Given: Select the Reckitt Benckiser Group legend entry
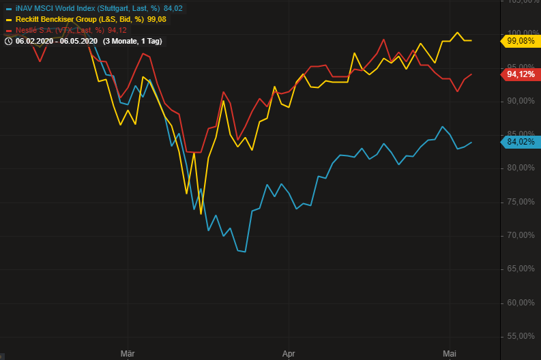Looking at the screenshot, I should point(90,19).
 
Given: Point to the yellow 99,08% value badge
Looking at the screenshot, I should point(522,41).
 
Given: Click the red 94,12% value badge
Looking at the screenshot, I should point(522,74).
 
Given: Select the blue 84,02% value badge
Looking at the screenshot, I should point(522,142).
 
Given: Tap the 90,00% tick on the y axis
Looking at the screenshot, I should point(521,101).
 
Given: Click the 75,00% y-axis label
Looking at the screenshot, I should point(521,202).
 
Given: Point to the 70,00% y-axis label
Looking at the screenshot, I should point(521,235).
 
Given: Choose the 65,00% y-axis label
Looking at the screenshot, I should point(521,269).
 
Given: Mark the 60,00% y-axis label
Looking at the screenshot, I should point(521,303).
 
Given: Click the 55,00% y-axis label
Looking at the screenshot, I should point(521,336).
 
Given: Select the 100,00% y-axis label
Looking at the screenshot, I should point(521,33).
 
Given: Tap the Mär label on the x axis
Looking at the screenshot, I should point(127,353).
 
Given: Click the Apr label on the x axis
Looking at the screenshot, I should point(288,353).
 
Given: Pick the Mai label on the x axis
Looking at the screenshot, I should point(449,353).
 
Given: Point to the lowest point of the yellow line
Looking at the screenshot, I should point(201,213).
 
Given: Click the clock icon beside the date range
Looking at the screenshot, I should point(8,41).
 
